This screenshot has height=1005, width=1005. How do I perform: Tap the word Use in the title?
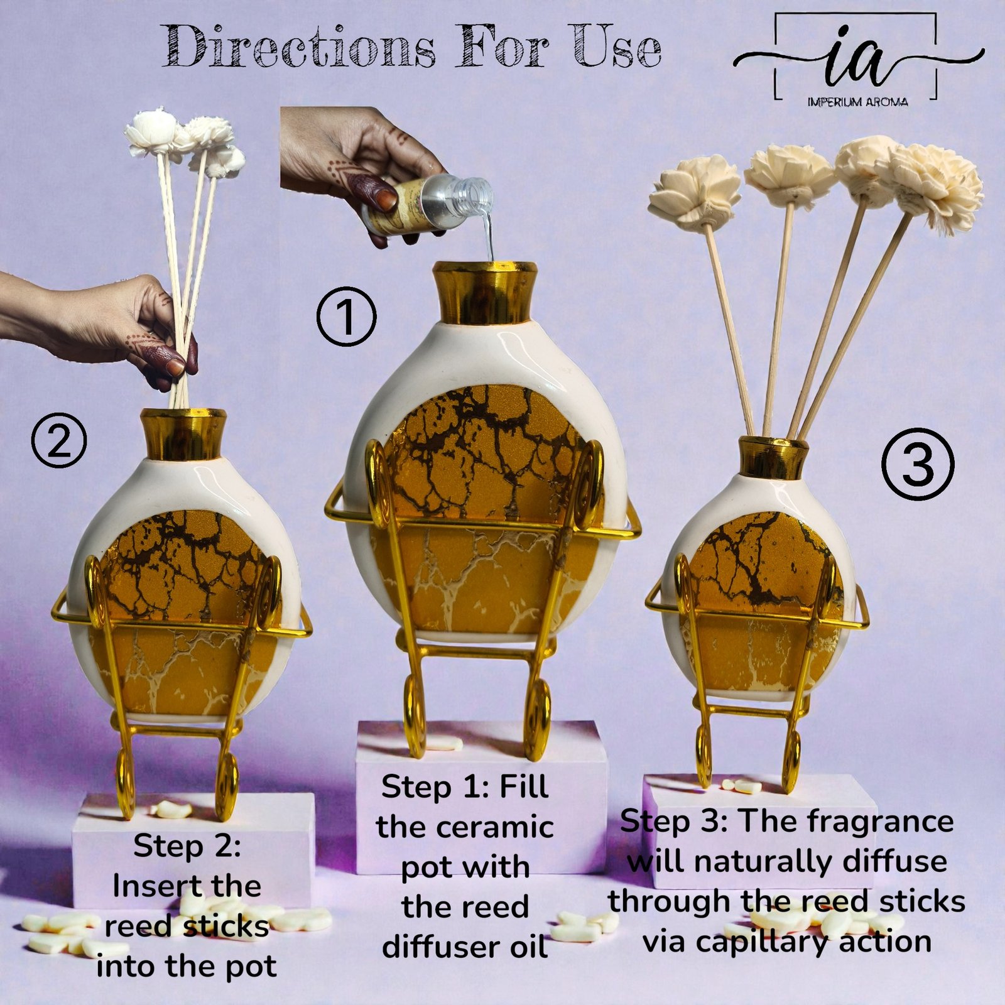click(617, 46)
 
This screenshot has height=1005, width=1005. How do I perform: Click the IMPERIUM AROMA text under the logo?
click(857, 102)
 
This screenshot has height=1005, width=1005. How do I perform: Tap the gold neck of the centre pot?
click(485, 292)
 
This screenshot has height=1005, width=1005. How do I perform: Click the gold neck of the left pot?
click(183, 433)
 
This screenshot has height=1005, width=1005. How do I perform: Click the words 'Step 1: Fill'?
click(465, 787)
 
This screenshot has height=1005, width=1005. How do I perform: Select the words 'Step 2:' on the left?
click(187, 846)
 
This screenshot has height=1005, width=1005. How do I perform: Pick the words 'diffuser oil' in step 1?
click(465, 947)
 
